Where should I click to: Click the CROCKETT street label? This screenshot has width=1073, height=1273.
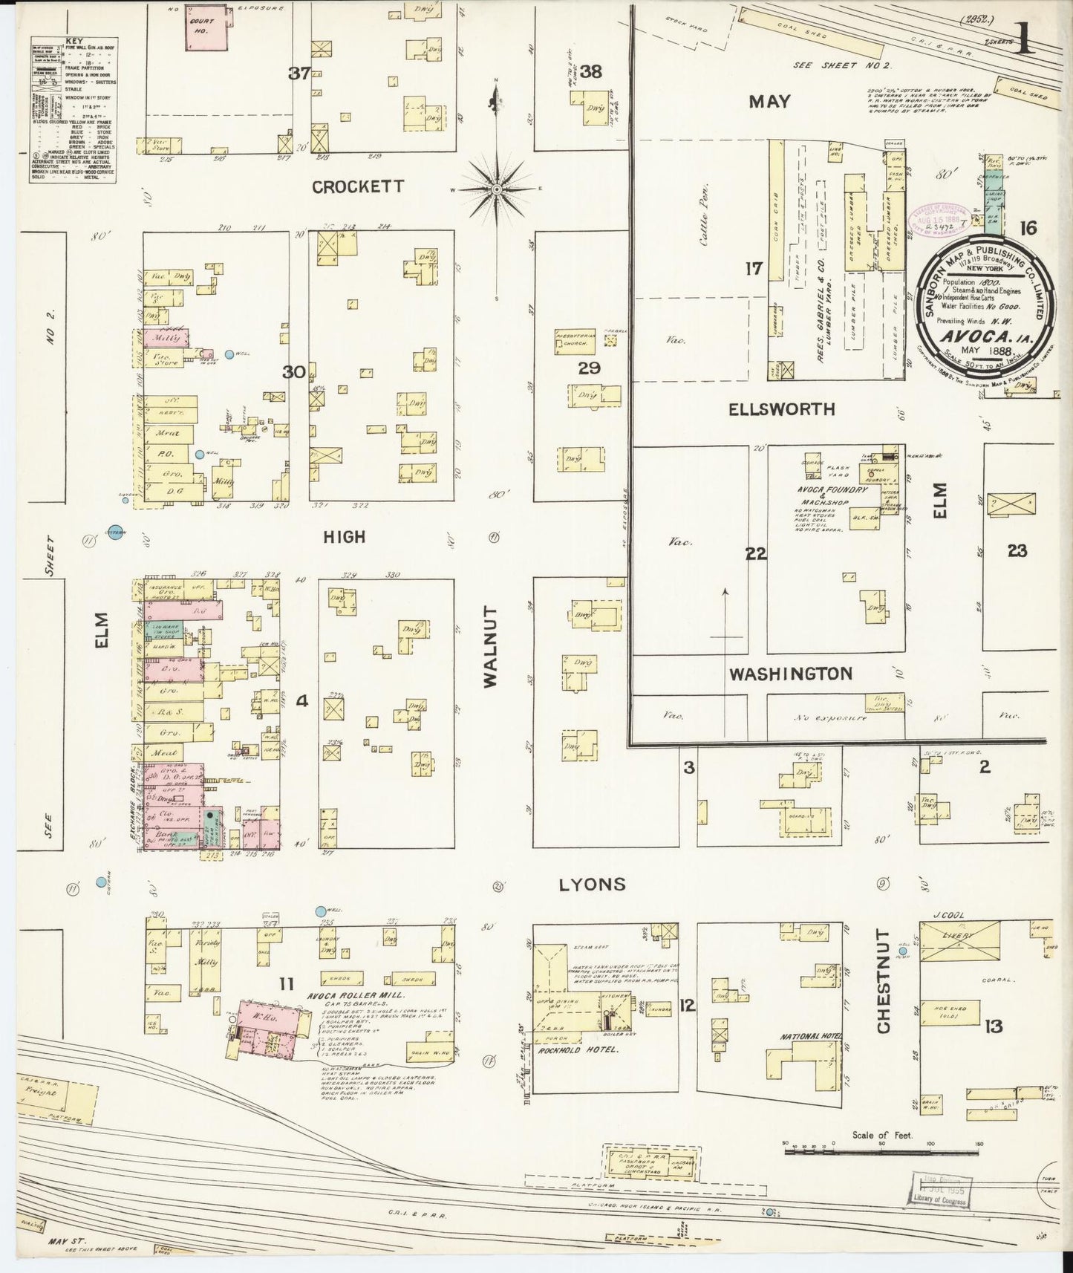point(357,186)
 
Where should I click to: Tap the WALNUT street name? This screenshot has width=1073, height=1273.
point(492,646)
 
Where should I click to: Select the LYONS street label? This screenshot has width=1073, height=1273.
point(592,884)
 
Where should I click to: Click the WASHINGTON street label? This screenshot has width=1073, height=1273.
point(790,674)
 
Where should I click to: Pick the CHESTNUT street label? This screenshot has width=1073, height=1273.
point(883,980)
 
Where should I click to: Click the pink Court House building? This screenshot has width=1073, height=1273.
point(205,30)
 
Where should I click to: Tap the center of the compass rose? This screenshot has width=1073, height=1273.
point(495,190)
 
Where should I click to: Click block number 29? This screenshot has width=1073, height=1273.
point(590,368)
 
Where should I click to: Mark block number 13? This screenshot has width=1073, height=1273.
point(994,1026)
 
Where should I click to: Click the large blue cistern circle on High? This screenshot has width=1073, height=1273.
point(114,532)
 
